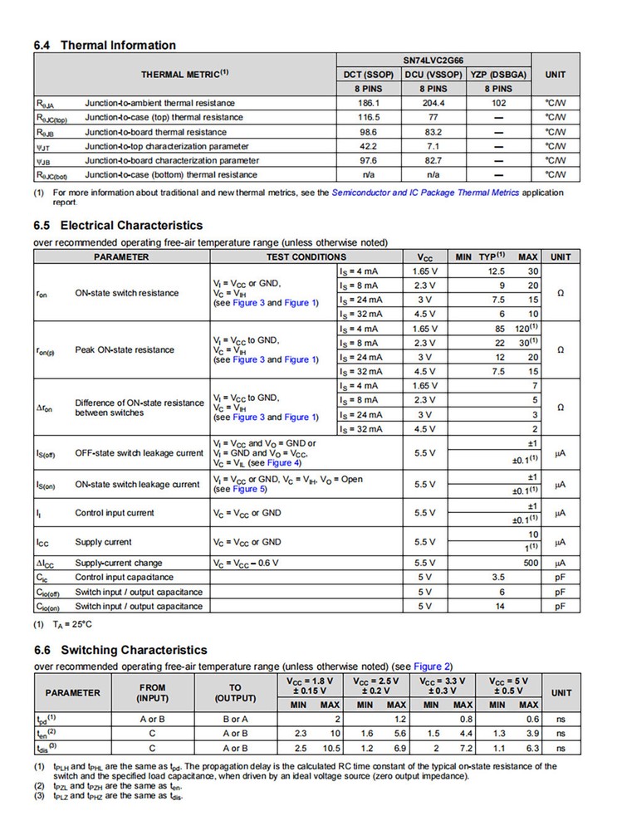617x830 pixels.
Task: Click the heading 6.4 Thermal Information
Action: [x=105, y=46]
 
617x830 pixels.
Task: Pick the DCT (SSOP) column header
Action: [x=369, y=75]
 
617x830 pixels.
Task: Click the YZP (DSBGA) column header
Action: [x=498, y=75]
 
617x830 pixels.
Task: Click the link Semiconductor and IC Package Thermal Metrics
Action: [x=425, y=193]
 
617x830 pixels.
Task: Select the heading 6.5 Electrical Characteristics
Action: [x=118, y=226]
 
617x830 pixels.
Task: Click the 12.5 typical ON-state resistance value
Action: [x=497, y=271]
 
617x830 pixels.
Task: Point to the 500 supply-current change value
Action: [x=530, y=563]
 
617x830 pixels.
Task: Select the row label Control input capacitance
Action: [x=125, y=577]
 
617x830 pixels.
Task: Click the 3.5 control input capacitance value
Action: [x=498, y=577]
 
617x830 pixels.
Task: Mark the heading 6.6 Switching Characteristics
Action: [x=120, y=650]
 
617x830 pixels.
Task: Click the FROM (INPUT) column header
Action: [x=153, y=692]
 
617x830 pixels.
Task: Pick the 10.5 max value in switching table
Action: [x=331, y=748]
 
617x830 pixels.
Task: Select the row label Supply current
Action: [x=103, y=542]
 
